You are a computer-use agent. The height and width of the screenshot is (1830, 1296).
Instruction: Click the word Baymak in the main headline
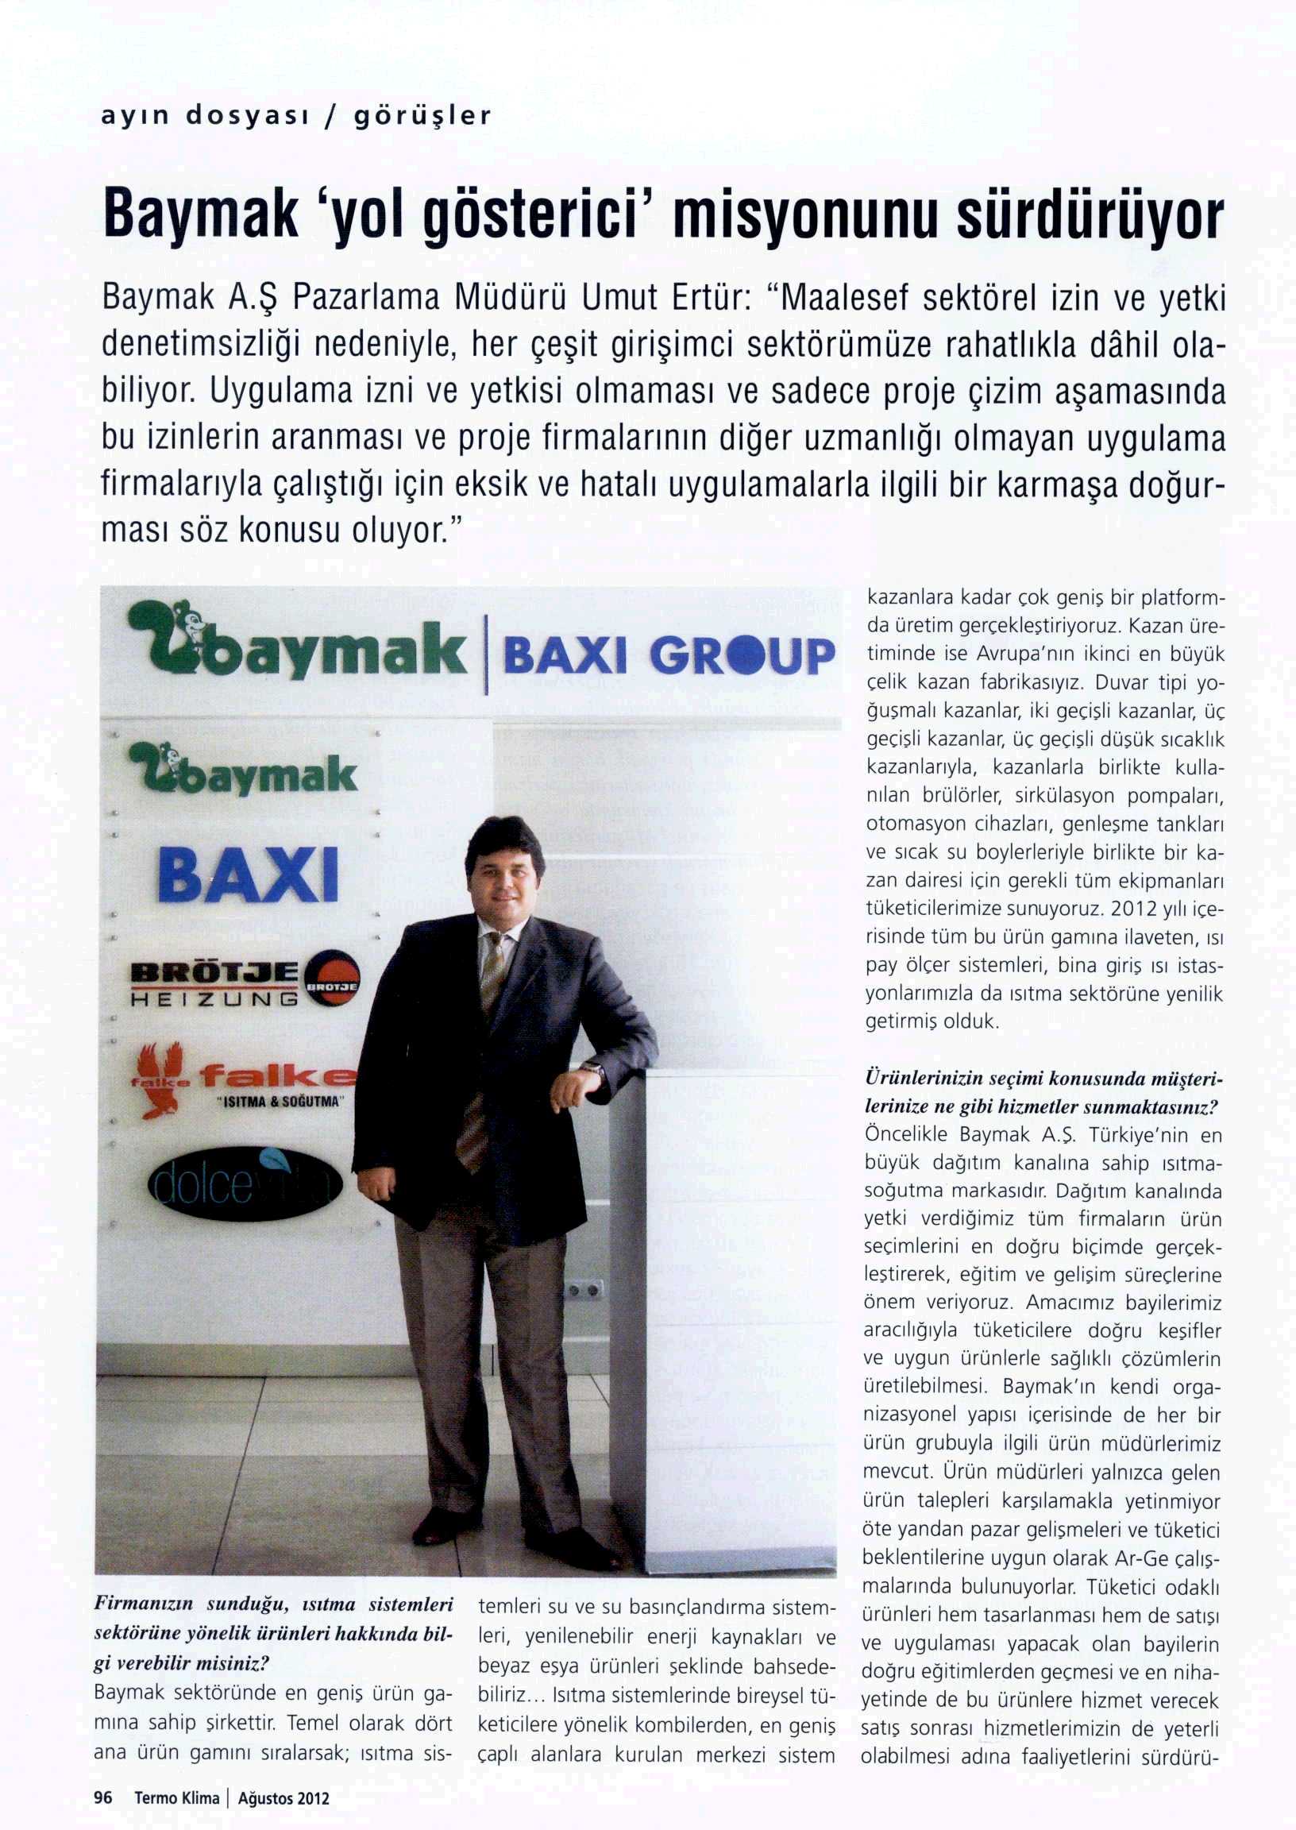(x=199, y=213)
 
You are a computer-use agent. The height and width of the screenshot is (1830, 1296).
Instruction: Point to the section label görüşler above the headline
(x=422, y=117)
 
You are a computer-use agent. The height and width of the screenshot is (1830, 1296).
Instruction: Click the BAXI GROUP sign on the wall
(x=669, y=656)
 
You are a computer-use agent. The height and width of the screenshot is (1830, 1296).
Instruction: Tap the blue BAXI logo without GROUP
(x=249, y=874)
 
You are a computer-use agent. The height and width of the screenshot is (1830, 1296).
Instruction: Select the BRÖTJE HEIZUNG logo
(x=244, y=982)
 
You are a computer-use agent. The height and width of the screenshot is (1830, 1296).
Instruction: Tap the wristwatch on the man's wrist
(x=592, y=1067)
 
